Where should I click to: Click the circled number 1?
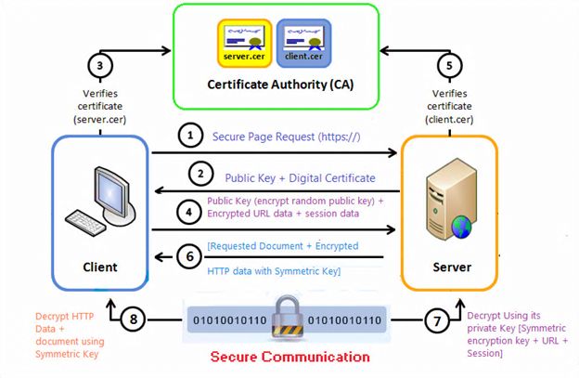point(190,137)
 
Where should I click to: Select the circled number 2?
point(197,173)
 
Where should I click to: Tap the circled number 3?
point(99,67)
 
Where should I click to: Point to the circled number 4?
point(189,210)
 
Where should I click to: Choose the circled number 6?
point(189,254)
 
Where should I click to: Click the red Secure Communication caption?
point(289,357)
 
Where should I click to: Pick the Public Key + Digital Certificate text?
point(300,177)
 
